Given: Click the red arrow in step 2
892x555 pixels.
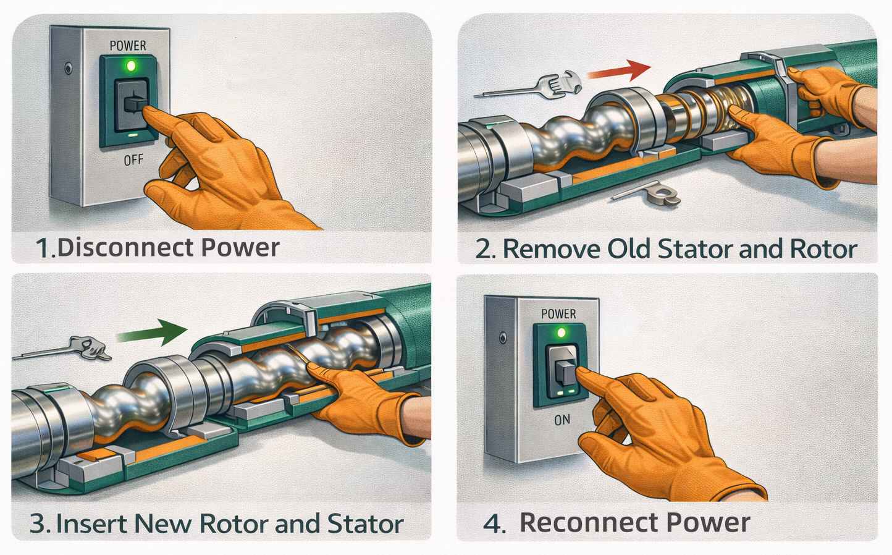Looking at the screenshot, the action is coord(619,70).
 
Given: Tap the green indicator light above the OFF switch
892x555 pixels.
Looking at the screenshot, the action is coord(130,65).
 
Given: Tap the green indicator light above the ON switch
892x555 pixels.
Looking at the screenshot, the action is coord(562,332).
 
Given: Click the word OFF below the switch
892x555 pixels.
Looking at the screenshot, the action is coord(133,161).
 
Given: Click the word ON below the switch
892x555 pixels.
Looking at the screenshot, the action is coord(562,420).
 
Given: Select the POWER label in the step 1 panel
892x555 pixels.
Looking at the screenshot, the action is coord(128,46).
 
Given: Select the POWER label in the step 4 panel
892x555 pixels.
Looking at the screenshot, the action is coord(558,314).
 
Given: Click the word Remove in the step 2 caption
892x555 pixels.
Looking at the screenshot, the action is coord(552,249).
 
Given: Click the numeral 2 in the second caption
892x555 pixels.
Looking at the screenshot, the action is coord(484,250).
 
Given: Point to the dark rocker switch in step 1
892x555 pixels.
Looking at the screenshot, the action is coord(132,105).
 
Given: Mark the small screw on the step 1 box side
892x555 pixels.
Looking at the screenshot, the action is coord(68,68).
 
